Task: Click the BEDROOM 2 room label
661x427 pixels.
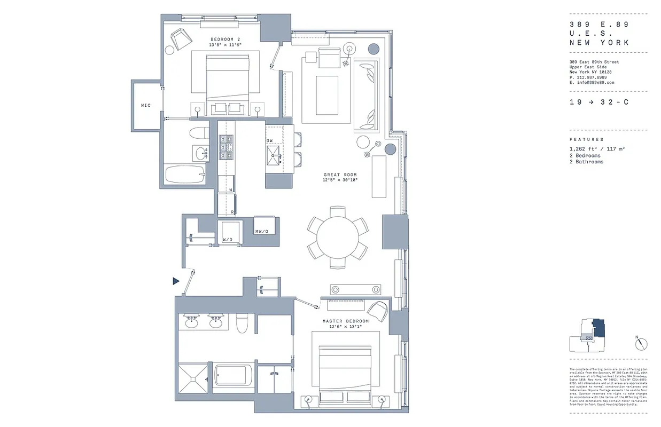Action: click(x=225, y=39)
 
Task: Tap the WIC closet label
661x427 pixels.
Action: click(x=146, y=105)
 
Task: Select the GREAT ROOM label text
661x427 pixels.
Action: click(x=340, y=175)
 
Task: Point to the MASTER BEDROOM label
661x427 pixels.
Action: click(x=345, y=321)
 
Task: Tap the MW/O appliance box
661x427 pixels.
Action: click(x=265, y=231)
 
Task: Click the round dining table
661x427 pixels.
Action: click(x=338, y=237)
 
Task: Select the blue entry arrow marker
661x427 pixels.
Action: click(x=176, y=281)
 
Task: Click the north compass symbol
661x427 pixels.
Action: click(x=641, y=344)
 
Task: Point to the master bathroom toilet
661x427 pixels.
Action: click(x=242, y=323)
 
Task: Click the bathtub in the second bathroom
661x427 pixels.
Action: click(x=184, y=175)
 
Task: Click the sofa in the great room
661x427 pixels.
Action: click(x=368, y=96)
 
